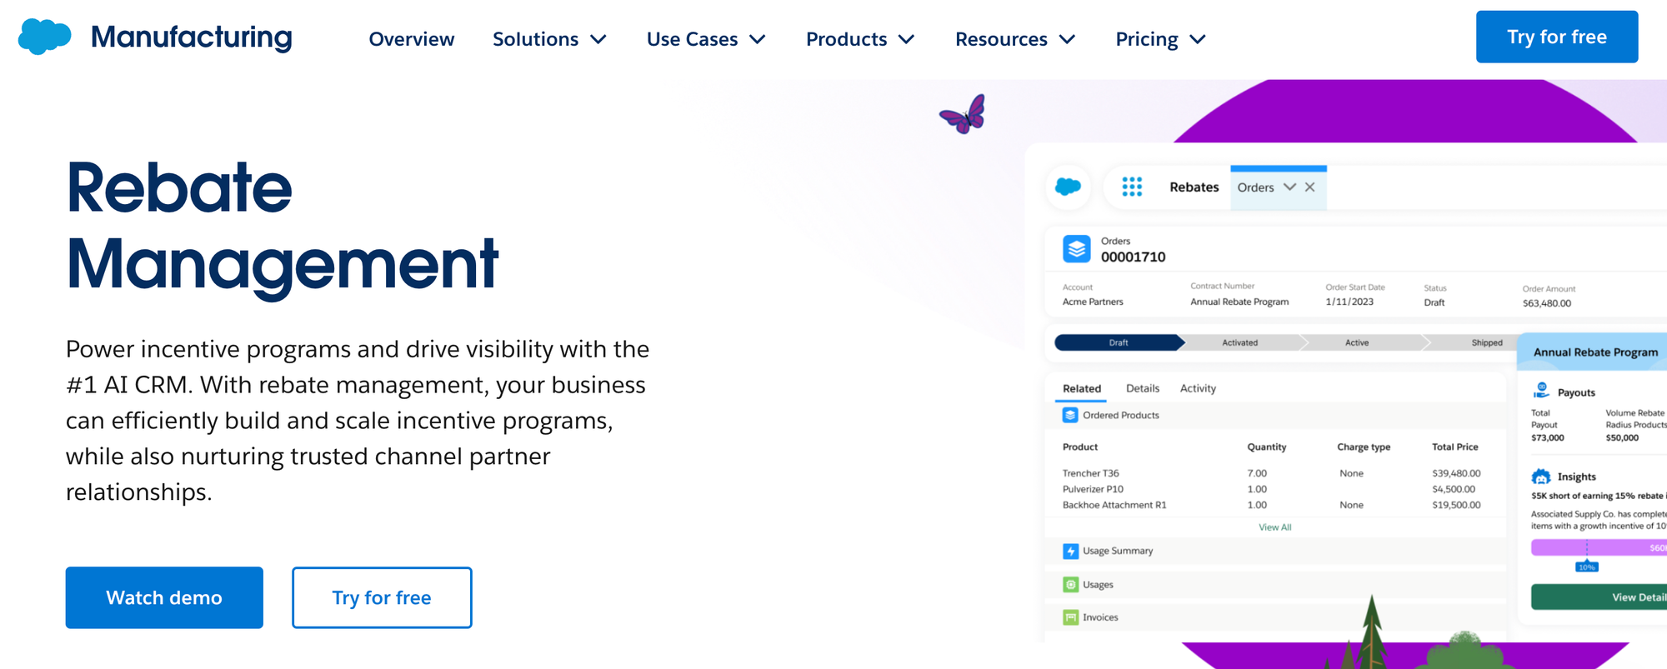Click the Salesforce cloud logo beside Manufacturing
click(x=44, y=37)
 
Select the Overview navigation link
click(x=411, y=39)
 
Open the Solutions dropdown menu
click(x=549, y=39)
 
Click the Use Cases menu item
click(x=706, y=39)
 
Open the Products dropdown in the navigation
click(x=860, y=39)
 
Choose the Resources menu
click(x=1015, y=39)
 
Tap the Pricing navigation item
click(x=1160, y=39)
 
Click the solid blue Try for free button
click(x=1556, y=37)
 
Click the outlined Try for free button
click(x=382, y=597)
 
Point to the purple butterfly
click(x=964, y=115)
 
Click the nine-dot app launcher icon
click(x=1132, y=187)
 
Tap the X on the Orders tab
click(x=1310, y=187)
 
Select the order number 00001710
click(x=1133, y=257)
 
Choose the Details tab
click(x=1142, y=388)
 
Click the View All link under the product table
click(x=1274, y=527)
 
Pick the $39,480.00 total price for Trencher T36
click(x=1456, y=473)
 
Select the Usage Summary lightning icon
click(x=1071, y=552)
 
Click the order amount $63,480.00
click(x=1546, y=303)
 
